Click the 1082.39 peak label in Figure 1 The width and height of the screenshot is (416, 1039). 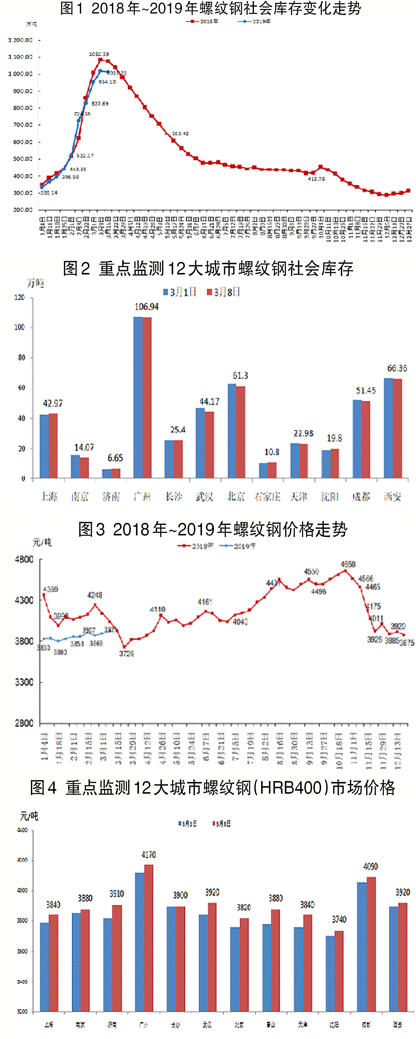tap(99, 54)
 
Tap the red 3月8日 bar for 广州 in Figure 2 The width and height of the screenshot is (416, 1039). tap(147, 397)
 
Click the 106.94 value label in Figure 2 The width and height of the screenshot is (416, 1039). tap(146, 307)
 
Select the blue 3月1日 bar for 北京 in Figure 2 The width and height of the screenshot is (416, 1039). tap(232, 431)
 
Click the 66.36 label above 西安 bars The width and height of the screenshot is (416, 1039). tap(397, 368)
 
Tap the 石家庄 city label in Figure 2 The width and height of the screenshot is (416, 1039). tap(267, 496)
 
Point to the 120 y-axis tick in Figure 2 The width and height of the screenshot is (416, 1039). tap(19, 297)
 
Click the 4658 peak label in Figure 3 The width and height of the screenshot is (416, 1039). tap(348, 564)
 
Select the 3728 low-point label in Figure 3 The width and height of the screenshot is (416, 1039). tap(126, 653)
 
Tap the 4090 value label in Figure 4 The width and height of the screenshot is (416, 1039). tap(370, 866)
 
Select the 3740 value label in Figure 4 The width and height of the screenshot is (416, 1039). tap(339, 919)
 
